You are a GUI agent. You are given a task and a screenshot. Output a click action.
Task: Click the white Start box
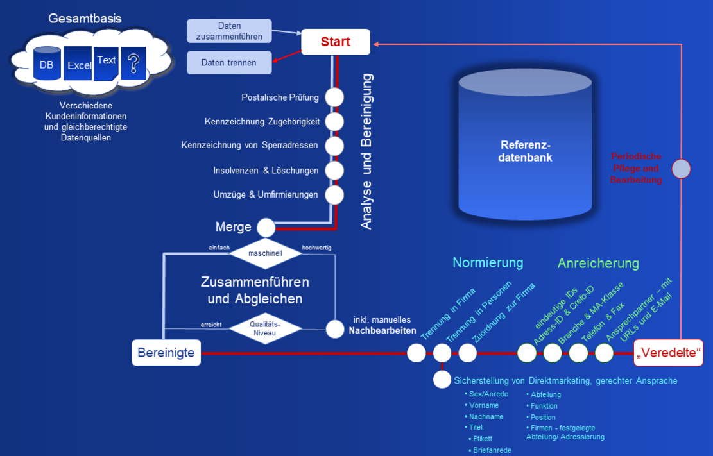(x=336, y=42)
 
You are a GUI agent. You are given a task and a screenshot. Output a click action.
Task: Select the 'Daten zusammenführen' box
(x=229, y=31)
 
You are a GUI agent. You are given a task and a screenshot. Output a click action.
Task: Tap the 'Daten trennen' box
(x=228, y=63)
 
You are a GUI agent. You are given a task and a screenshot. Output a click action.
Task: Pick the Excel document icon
(x=78, y=64)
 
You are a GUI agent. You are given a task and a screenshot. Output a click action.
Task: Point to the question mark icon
(x=133, y=63)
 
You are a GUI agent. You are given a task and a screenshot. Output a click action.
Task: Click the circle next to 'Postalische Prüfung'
(x=334, y=97)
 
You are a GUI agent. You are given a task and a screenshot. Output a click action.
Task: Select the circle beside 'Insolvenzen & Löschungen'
(x=334, y=171)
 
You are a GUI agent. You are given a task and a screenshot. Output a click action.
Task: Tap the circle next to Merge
(x=266, y=228)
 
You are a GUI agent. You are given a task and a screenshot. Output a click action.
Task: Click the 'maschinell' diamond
(x=266, y=253)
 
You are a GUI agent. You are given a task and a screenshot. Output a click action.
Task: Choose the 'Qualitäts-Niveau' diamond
(x=266, y=328)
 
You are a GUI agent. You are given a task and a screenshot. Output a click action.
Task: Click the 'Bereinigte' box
(x=166, y=353)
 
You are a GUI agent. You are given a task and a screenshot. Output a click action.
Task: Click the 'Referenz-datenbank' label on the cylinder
(x=526, y=151)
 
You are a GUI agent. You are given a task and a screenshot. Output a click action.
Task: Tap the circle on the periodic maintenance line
(x=681, y=169)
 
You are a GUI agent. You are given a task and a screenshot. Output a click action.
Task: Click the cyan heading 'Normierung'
(x=488, y=262)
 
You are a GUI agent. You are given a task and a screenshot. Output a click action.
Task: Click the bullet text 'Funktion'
(x=544, y=406)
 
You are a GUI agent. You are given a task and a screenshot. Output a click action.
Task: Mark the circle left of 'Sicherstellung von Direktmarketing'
(x=442, y=380)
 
